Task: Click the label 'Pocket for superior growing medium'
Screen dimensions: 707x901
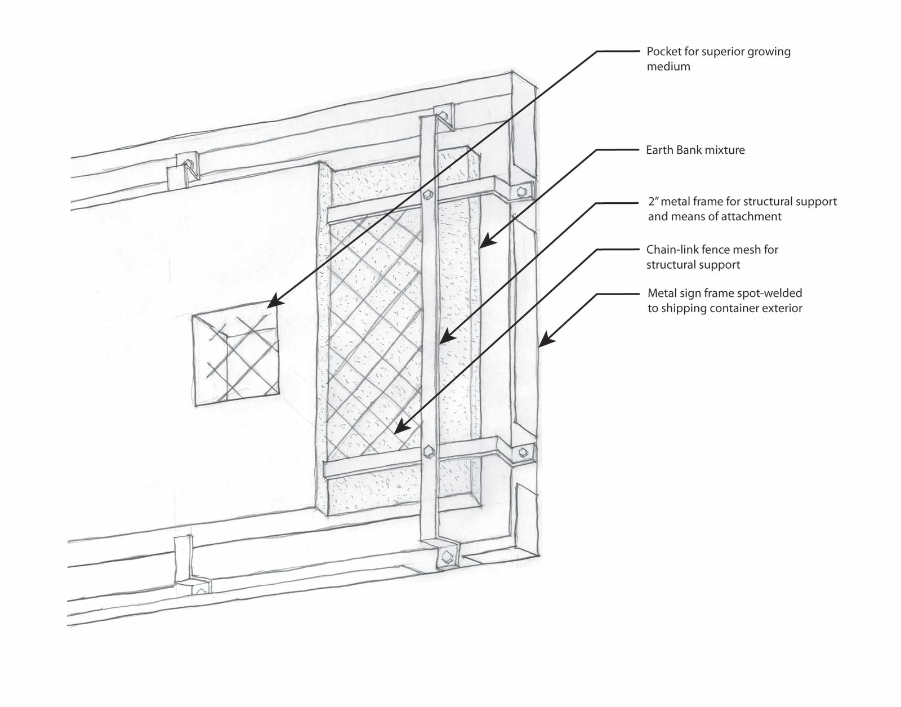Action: (718, 59)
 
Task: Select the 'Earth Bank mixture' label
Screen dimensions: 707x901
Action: (695, 150)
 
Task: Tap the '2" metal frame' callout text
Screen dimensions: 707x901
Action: (742, 208)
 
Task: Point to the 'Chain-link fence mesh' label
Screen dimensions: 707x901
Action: (712, 257)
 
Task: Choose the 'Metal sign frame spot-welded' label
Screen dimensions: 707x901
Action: (724, 300)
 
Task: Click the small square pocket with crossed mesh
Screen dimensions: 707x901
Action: (236, 359)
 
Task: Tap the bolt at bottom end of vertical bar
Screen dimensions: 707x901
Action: (447, 556)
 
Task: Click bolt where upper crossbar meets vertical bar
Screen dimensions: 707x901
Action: (428, 194)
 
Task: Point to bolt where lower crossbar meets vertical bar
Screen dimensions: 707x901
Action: (429, 451)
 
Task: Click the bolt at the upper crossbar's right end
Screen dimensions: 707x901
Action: (522, 192)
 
